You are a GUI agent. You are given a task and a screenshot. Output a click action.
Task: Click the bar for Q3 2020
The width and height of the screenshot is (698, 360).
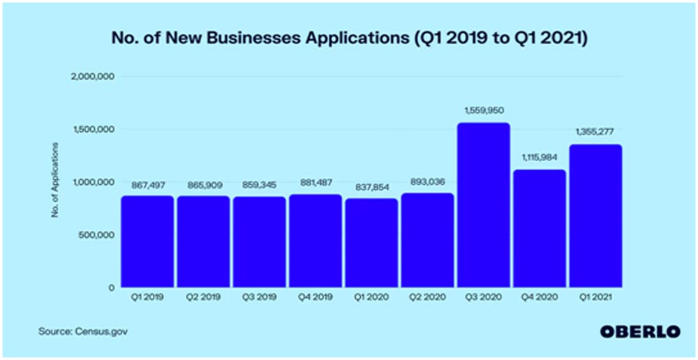tap(483, 205)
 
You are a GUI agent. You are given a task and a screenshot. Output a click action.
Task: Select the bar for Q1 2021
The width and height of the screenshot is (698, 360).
tap(595, 216)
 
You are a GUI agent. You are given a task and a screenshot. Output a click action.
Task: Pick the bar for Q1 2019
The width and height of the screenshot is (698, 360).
tap(147, 241)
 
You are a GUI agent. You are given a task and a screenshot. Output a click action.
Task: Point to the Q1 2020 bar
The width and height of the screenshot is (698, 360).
tap(371, 243)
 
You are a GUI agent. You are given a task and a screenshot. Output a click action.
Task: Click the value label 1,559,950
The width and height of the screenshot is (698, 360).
tap(483, 110)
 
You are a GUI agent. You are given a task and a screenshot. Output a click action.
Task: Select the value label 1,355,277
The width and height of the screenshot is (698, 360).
tap(595, 132)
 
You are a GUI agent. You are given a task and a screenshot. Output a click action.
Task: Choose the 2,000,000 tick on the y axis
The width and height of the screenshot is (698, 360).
tap(93, 77)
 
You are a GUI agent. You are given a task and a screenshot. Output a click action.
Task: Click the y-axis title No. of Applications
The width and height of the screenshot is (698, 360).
tap(55, 181)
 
